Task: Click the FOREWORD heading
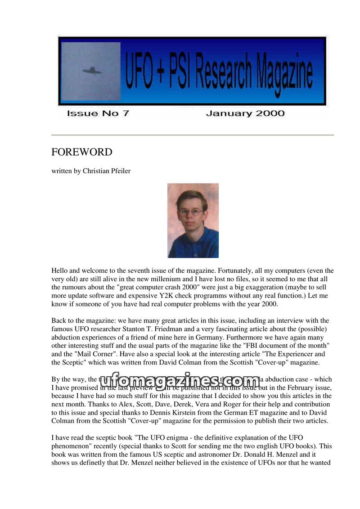pos(82,152)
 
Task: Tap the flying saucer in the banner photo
pos(92,70)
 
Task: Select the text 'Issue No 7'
pos(98,113)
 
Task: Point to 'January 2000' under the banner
pos(245,113)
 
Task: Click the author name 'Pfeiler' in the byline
pos(119,171)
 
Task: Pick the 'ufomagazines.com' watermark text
pos(180,382)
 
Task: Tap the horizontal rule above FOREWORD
pos(193,135)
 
